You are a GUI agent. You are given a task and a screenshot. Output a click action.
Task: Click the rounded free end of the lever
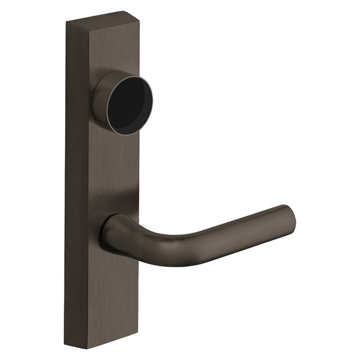(289, 220)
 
